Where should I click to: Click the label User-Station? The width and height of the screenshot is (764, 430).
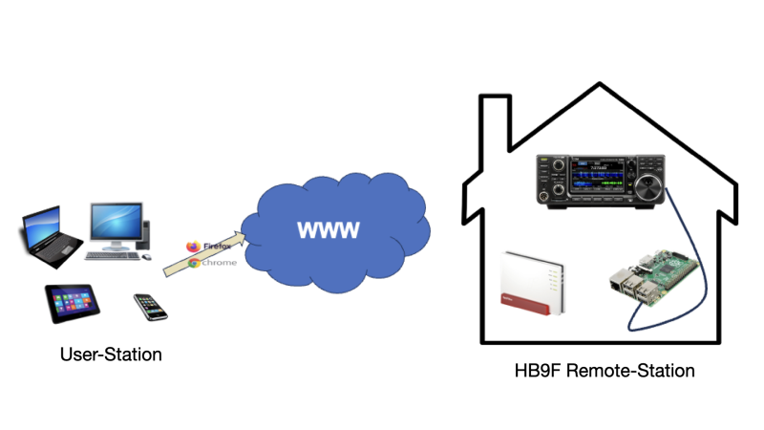111,355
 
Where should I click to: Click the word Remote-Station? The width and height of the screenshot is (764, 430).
629,369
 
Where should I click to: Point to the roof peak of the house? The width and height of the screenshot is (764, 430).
600,87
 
